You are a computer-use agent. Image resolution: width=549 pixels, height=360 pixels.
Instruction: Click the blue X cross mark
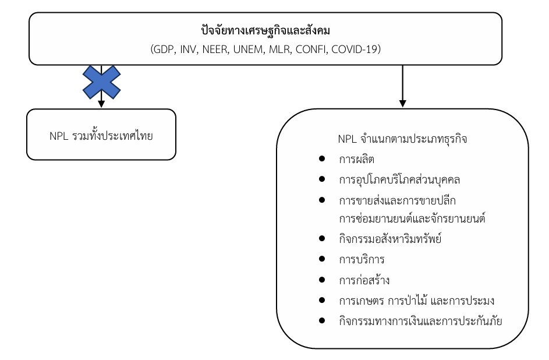pyautogui.click(x=101, y=81)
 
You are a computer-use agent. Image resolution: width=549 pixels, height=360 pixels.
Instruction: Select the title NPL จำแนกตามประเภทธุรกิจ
pyautogui.click(x=402, y=140)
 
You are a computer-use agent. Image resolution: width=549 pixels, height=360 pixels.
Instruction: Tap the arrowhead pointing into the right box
pyautogui.click(x=402, y=104)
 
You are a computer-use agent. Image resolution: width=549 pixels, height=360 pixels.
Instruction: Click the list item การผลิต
pyautogui.click(x=356, y=160)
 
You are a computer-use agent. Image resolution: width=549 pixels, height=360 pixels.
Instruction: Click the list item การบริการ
pyautogui.click(x=361, y=259)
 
